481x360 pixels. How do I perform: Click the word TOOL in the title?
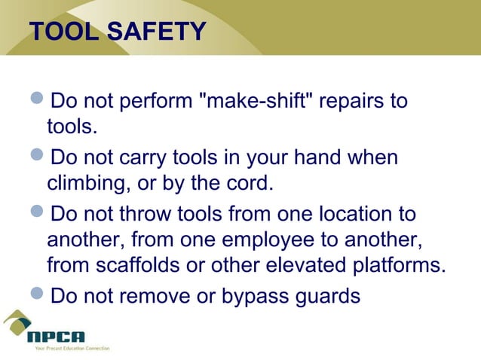coord(63,32)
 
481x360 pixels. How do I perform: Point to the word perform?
coord(154,101)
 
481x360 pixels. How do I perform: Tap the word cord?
coord(250,183)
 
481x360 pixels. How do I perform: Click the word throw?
coord(156,214)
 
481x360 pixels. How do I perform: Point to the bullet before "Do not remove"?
coord(38,294)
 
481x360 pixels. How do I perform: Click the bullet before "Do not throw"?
coord(38,212)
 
